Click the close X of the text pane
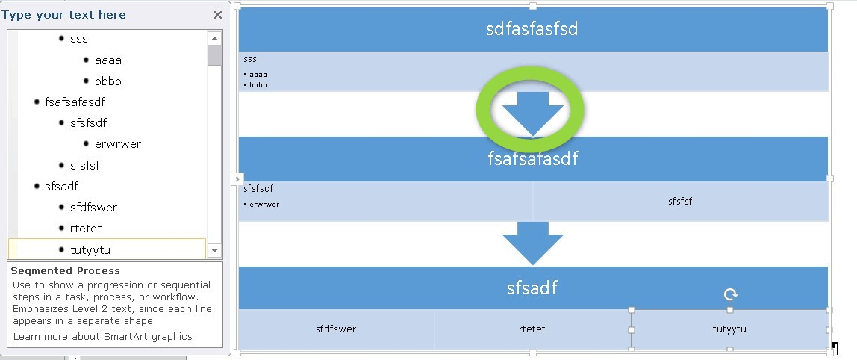217,15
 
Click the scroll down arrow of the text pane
215,251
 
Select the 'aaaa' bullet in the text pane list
108,60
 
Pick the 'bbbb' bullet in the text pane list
108,81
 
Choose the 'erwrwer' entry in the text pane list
118,144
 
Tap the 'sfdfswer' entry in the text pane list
93,207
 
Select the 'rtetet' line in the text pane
85,229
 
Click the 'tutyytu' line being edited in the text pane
90,249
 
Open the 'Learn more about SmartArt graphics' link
103,337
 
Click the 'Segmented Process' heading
66,271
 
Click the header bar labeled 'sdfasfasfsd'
532,30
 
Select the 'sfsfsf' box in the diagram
680,202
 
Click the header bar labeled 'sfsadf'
532,288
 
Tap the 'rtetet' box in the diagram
532,329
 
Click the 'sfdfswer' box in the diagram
336,329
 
